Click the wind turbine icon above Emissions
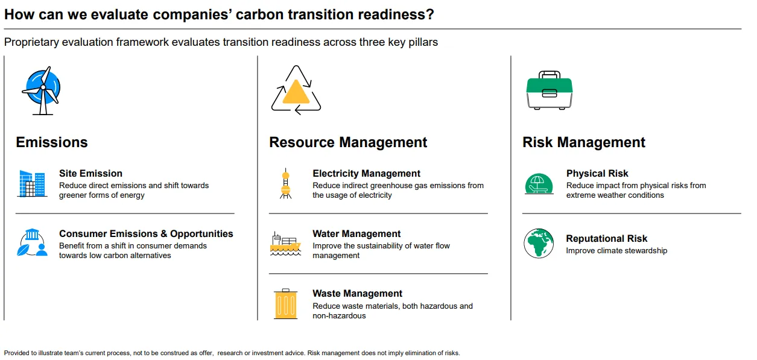click(42, 90)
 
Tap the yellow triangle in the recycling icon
click(296, 93)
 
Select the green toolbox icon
click(550, 90)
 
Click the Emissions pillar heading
click(52, 142)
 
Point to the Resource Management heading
click(348, 142)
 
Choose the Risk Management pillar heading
click(584, 142)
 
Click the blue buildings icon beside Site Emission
click(32, 183)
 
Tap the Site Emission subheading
click(90, 173)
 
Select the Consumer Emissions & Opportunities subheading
click(146, 234)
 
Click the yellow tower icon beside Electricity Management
click(285, 183)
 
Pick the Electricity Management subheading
click(366, 173)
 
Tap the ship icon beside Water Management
click(285, 244)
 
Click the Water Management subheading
click(356, 234)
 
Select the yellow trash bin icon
click(285, 304)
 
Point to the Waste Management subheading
click(358, 294)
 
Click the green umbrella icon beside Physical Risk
click(539, 184)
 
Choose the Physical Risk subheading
click(597, 173)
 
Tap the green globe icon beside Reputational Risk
click(539, 244)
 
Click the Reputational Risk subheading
click(607, 238)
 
